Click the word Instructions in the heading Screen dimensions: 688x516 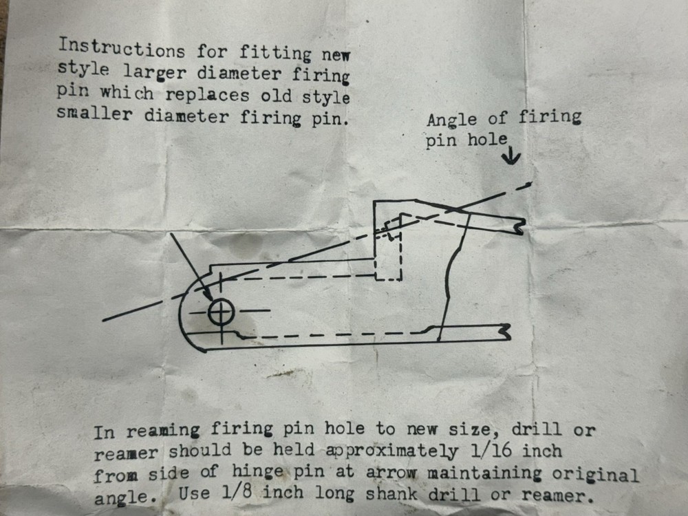click(122, 48)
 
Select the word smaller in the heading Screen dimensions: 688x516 click(94, 114)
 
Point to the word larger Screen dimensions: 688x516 click(154, 72)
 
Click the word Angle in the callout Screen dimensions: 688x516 click(451, 120)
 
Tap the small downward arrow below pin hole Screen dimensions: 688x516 click(510, 155)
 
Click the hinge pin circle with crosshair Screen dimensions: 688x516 click(221, 312)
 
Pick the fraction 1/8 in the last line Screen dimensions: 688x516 click(237, 492)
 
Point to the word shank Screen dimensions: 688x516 click(391, 493)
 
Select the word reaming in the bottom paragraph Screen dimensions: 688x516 click(163, 431)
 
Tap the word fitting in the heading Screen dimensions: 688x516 click(275, 54)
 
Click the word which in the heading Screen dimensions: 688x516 click(127, 93)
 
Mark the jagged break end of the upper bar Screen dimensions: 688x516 click(520, 226)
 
